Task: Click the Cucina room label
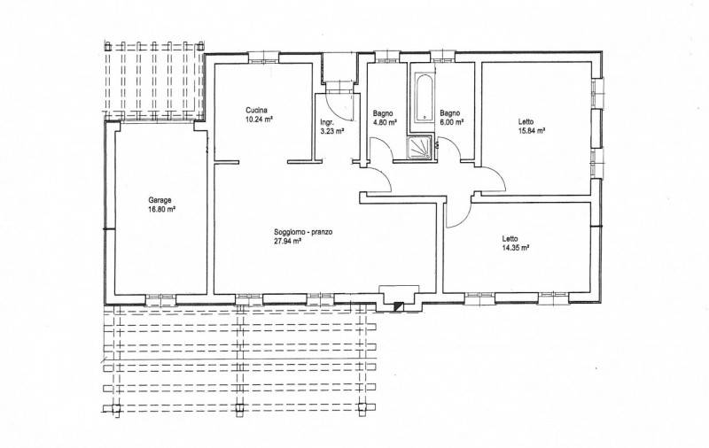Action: (x=256, y=110)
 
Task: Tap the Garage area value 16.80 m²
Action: (x=161, y=209)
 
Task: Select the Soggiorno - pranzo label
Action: (x=303, y=232)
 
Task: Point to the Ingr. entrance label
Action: (x=327, y=122)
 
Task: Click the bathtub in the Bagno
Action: (x=425, y=97)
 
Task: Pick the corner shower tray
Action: (x=421, y=149)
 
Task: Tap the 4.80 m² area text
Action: (x=385, y=122)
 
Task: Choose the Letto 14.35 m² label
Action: (x=516, y=243)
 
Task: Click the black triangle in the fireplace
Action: (x=397, y=305)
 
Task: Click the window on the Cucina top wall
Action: (x=263, y=58)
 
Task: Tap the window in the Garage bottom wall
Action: (x=160, y=298)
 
